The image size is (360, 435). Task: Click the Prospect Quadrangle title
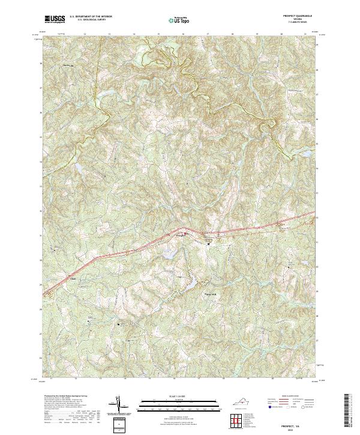tap(301, 16)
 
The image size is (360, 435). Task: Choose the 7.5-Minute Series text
tap(302, 22)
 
